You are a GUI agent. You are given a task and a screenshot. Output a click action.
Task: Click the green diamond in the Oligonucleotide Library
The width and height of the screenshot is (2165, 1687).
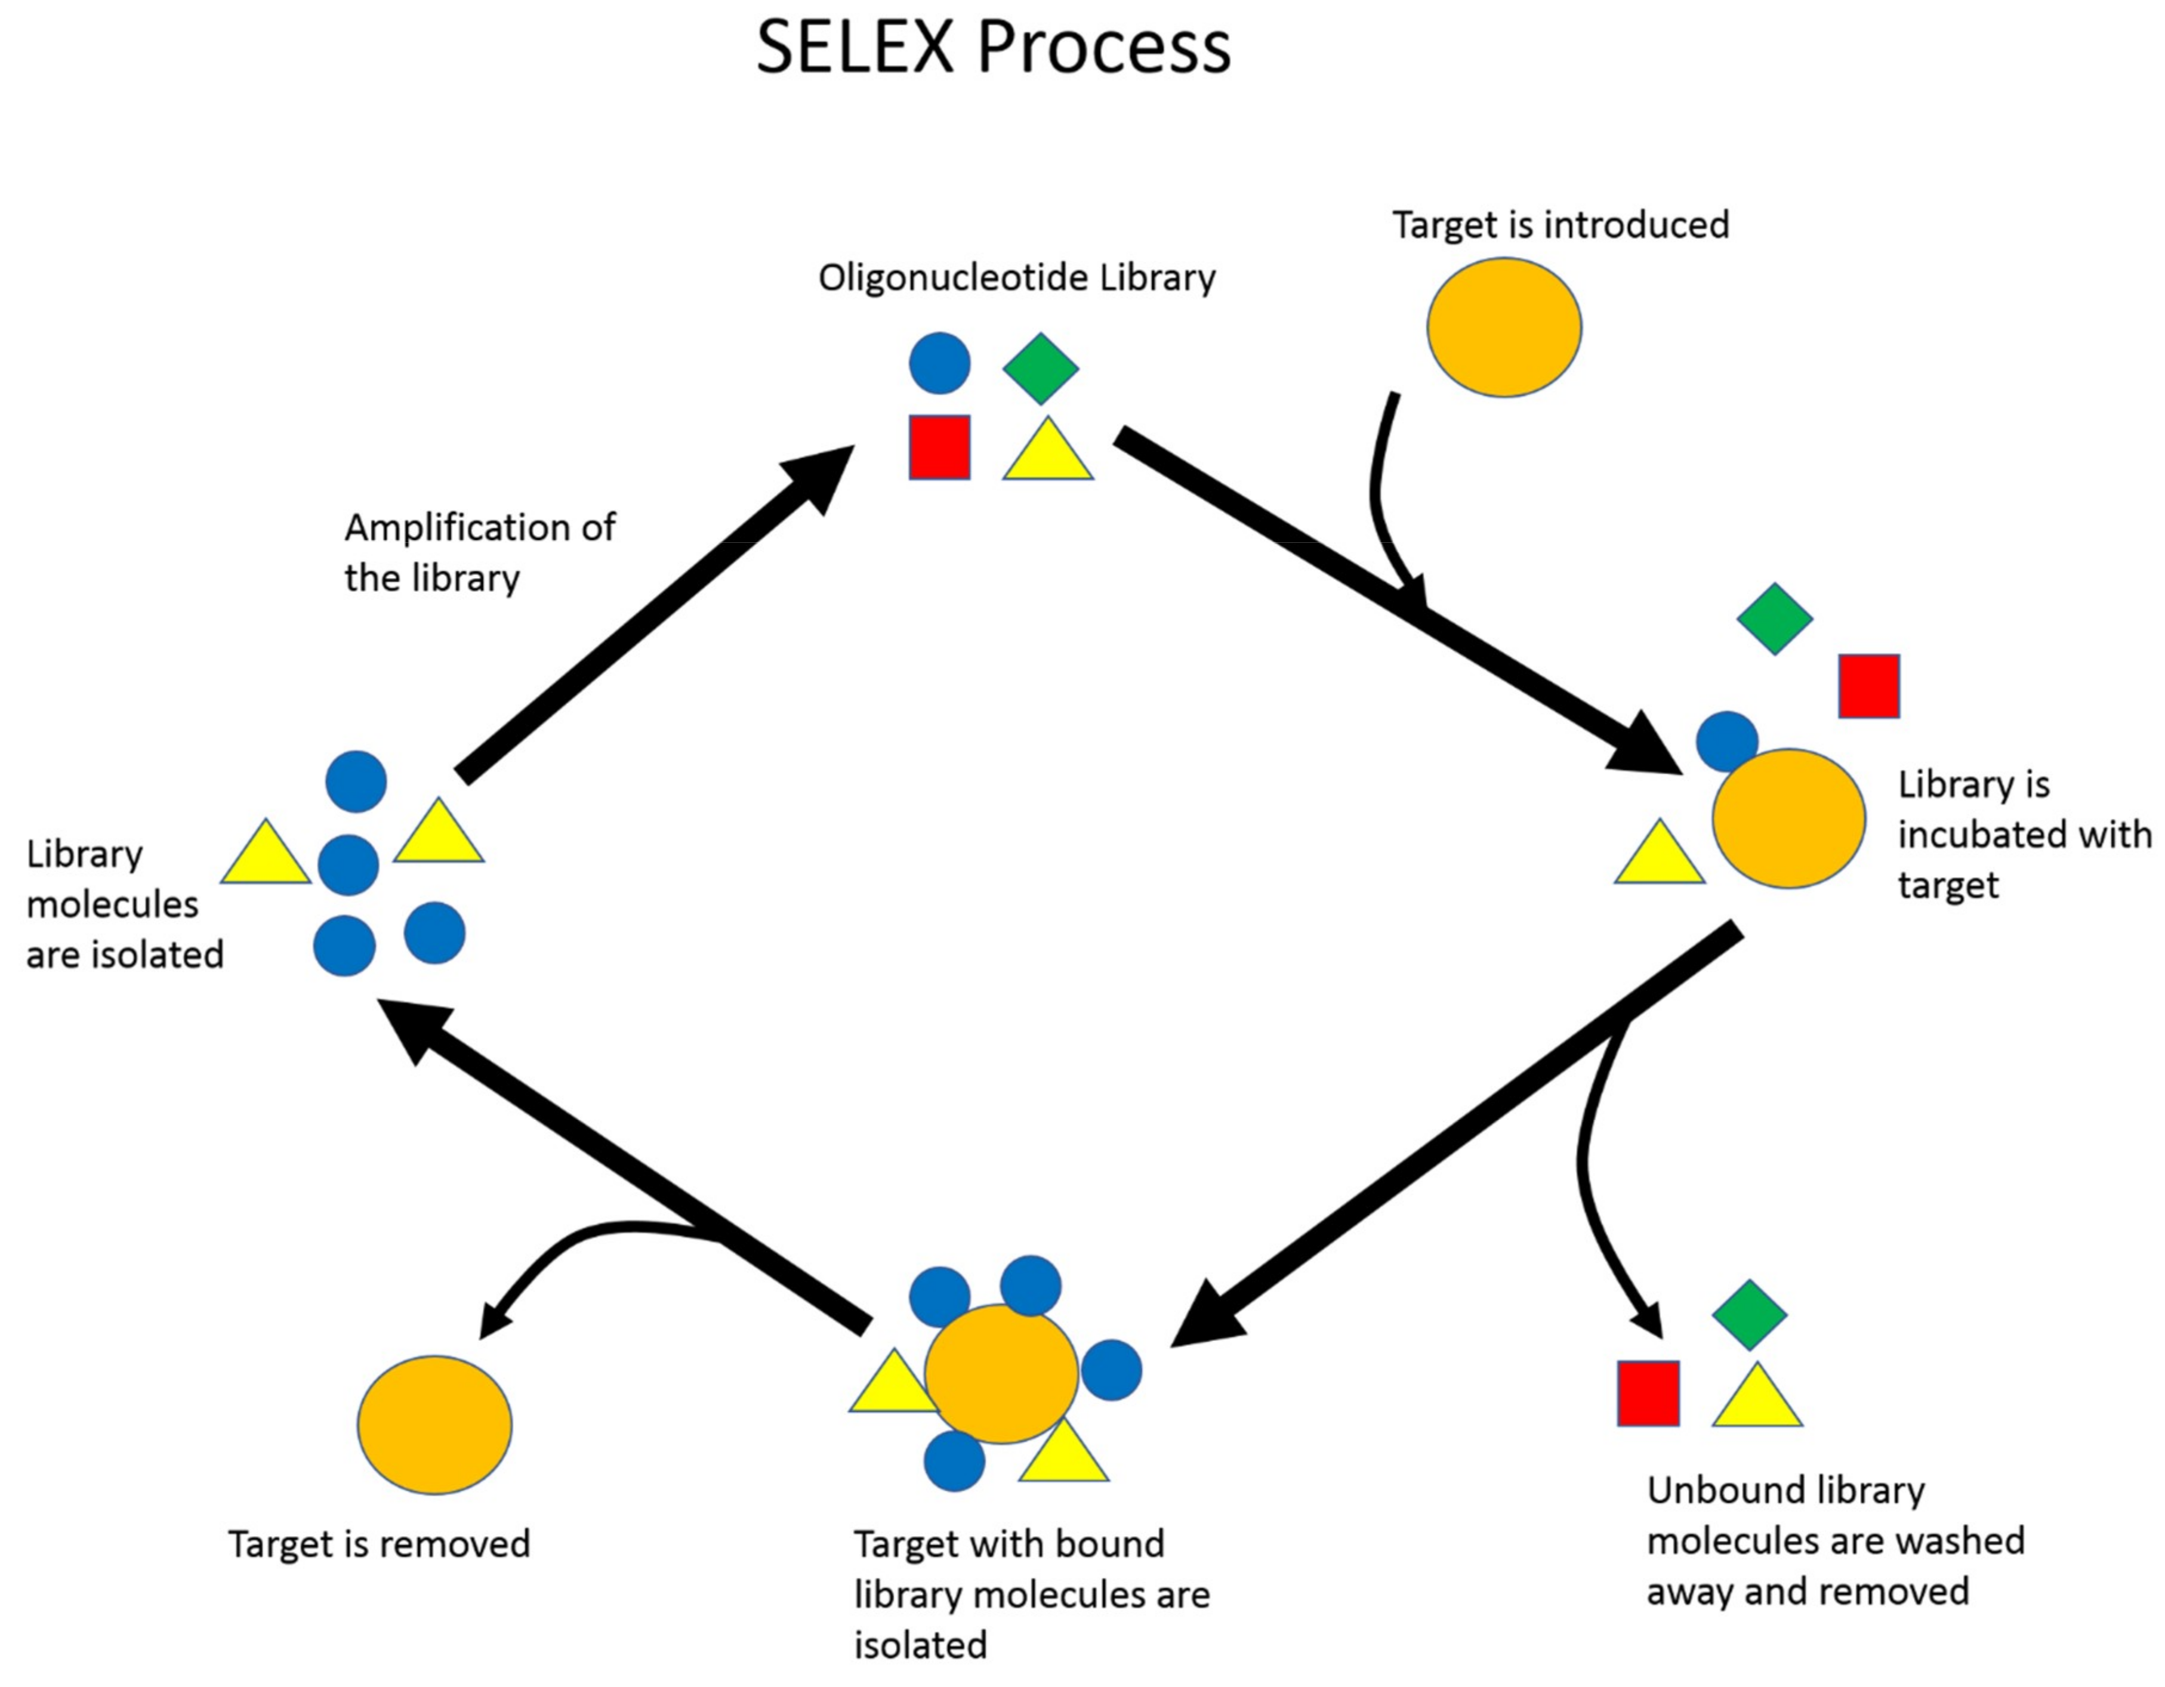coord(1040,367)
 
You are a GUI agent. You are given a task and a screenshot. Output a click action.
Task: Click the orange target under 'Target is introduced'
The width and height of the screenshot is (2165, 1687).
coord(1504,328)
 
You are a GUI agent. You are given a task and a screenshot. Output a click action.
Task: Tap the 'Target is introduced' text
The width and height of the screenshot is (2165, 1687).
coord(1560,225)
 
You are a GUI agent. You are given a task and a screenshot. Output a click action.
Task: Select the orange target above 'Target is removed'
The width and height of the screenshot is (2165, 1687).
coord(434,1425)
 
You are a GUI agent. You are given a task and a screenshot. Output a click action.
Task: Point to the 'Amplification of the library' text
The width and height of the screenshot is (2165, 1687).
coord(480,552)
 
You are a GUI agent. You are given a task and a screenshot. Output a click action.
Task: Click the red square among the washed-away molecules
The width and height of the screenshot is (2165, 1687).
coord(1649,1393)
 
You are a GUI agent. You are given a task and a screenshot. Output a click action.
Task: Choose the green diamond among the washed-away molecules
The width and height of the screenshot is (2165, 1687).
coord(1750,1314)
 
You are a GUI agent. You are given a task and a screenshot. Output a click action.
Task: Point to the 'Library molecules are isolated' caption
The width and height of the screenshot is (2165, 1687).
coord(125,904)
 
